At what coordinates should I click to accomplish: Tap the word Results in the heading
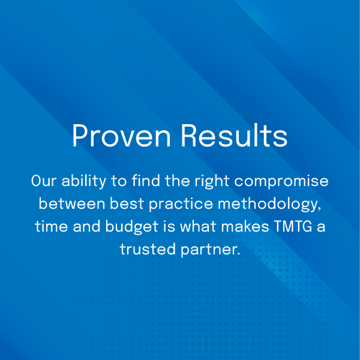(234, 137)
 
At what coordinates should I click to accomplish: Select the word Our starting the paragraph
(43, 181)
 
